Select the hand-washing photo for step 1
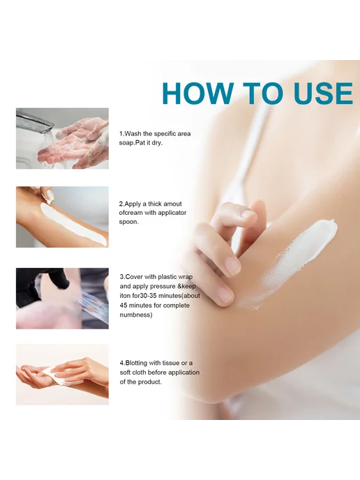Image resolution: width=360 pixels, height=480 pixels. [x=62, y=138]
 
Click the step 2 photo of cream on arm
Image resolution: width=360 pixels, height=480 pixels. [x=62, y=217]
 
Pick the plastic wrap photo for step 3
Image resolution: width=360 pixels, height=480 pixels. [x=62, y=299]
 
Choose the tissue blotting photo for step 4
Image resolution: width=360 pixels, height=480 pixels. [x=62, y=375]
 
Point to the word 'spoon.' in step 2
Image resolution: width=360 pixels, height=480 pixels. [x=129, y=222]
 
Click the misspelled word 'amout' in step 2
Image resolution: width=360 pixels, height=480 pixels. [x=172, y=204]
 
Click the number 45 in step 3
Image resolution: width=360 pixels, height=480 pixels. [x=123, y=305]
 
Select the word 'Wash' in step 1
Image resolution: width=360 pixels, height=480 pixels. [x=133, y=134]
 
